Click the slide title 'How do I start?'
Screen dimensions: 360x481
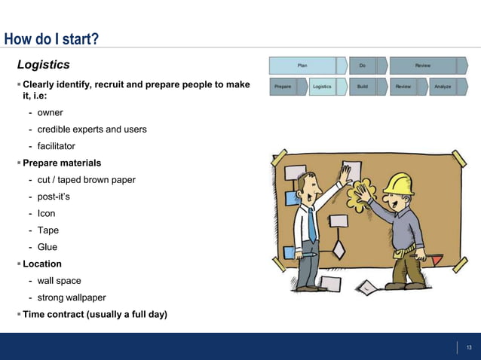click(51, 39)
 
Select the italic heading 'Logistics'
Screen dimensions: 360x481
click(43, 65)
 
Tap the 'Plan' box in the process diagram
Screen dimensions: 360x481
click(302, 66)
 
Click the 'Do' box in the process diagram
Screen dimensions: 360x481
click(362, 66)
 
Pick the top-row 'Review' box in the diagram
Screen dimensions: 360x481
click(423, 66)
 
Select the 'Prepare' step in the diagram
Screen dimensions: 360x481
click(283, 87)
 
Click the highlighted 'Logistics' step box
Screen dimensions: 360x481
click(322, 87)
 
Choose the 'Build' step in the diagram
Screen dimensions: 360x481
click(363, 87)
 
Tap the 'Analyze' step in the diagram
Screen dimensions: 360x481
click(443, 87)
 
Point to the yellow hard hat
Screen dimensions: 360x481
click(398, 184)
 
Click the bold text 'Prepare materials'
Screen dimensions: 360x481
click(62, 163)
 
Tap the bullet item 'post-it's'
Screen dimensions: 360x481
click(54, 197)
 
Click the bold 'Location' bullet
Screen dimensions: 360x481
click(42, 264)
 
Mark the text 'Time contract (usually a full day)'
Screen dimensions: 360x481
click(95, 314)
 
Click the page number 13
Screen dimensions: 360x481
click(468, 347)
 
